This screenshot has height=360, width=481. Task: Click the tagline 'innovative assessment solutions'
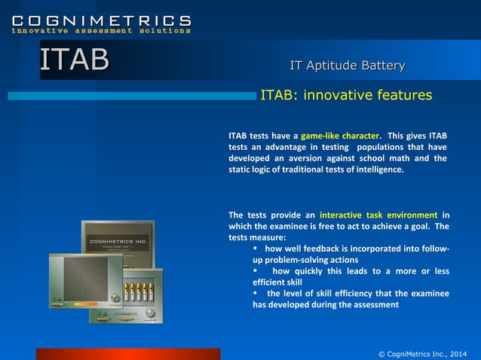tap(101, 31)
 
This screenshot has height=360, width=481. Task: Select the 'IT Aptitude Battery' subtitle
tap(348, 66)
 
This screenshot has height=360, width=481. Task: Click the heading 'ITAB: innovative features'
tap(346, 96)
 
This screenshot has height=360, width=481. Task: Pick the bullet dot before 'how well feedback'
tap(256, 248)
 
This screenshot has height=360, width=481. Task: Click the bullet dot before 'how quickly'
tap(256, 270)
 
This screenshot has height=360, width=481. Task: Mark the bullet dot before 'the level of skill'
tap(256, 293)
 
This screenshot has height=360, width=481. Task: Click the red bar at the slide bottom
tap(128, 354)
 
